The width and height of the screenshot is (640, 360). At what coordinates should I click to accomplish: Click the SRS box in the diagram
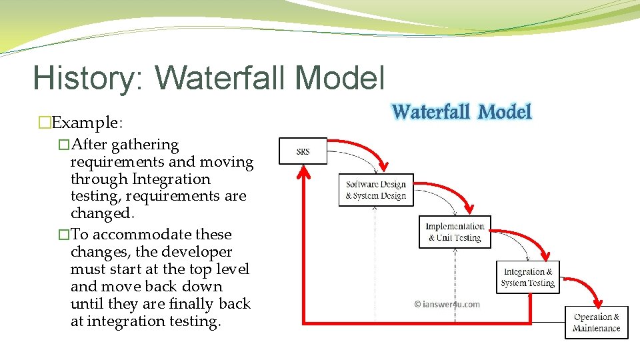tap(303, 151)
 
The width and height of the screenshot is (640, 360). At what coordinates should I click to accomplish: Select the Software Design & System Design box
tap(375, 189)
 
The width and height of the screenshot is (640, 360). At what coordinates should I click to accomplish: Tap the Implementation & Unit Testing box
tap(455, 232)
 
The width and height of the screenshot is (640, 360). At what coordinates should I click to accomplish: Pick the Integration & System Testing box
tap(527, 277)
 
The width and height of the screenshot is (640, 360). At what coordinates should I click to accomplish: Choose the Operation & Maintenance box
tap(596, 323)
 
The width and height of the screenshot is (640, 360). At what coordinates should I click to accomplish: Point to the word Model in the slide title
tap(339, 77)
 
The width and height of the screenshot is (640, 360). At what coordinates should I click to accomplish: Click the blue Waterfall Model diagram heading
tap(461, 111)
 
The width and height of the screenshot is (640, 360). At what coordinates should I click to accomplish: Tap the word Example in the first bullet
tap(85, 123)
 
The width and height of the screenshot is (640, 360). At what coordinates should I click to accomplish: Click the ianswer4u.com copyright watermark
tap(447, 304)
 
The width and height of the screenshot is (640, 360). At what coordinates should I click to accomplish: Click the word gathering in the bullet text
tap(145, 145)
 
